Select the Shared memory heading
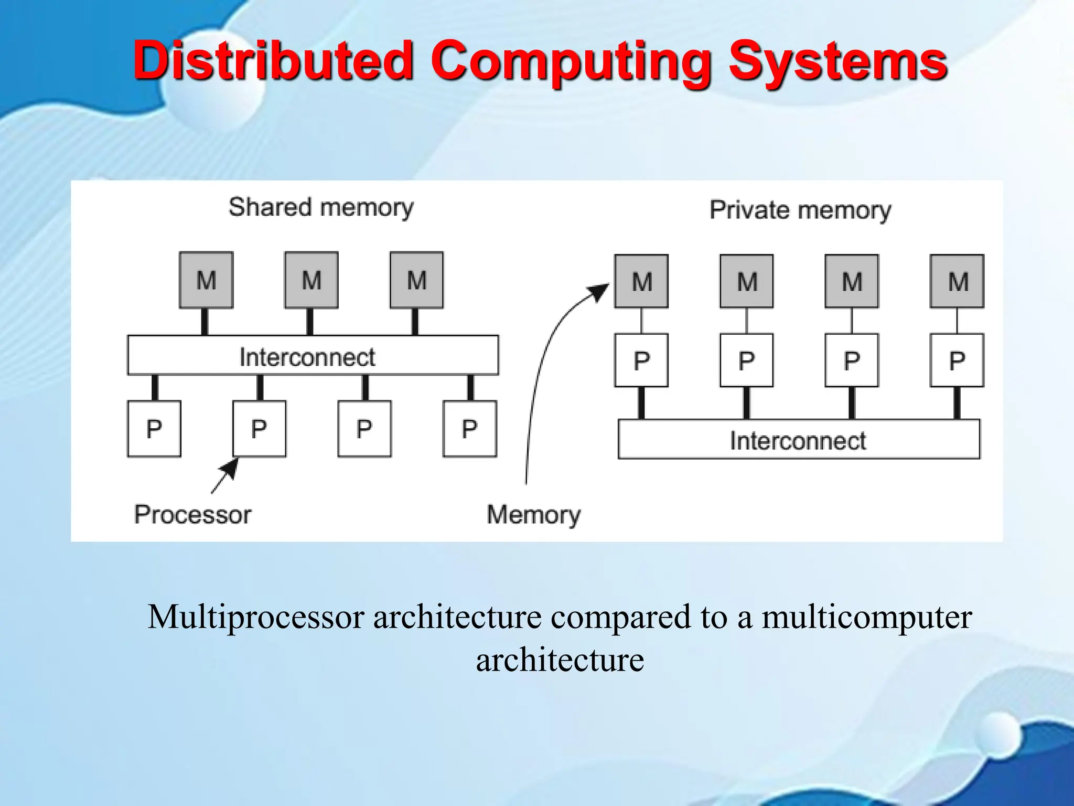tap(321, 207)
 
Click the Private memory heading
tap(800, 210)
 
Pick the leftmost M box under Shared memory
tap(206, 280)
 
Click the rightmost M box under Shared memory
tap(416, 280)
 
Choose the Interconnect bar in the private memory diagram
tap(799, 440)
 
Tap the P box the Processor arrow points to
tap(259, 429)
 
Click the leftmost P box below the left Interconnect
tap(154, 429)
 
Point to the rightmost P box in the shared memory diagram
tap(469, 429)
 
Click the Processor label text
tap(192, 514)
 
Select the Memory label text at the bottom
tap(533, 514)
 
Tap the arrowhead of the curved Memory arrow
tap(600, 291)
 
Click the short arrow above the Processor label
tap(225, 476)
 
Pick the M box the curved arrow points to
tap(641, 281)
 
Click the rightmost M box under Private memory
tap(957, 281)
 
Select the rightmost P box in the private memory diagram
tap(957, 360)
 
